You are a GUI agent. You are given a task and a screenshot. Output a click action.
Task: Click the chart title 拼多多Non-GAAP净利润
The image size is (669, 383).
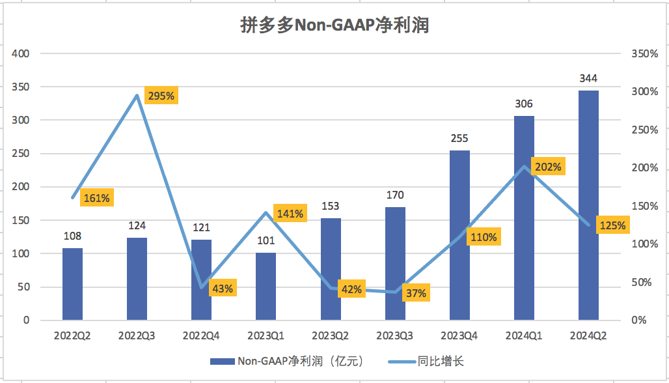click(x=334, y=25)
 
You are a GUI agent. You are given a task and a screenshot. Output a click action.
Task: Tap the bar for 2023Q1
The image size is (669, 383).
click(x=266, y=287)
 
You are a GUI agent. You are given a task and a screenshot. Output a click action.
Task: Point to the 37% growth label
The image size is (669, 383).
click(x=415, y=293)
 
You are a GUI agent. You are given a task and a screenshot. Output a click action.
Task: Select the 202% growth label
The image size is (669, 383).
click(x=548, y=167)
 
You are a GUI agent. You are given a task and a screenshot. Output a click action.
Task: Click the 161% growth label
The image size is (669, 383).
click(x=96, y=197)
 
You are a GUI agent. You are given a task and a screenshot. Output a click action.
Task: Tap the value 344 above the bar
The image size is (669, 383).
click(x=588, y=79)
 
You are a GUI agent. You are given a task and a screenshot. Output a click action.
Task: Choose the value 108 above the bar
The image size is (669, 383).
click(x=72, y=236)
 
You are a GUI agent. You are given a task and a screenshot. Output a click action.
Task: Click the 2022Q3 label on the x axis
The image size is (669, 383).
click(x=137, y=336)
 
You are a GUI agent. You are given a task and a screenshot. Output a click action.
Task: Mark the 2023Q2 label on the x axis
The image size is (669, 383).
click(x=331, y=336)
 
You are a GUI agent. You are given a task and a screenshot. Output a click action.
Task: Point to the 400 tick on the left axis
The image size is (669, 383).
click(x=21, y=53)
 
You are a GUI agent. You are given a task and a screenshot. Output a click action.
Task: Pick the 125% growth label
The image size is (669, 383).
click(x=612, y=226)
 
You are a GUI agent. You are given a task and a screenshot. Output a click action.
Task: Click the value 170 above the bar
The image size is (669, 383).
click(x=395, y=195)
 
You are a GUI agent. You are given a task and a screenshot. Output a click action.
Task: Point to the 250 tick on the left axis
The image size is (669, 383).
click(x=21, y=154)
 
